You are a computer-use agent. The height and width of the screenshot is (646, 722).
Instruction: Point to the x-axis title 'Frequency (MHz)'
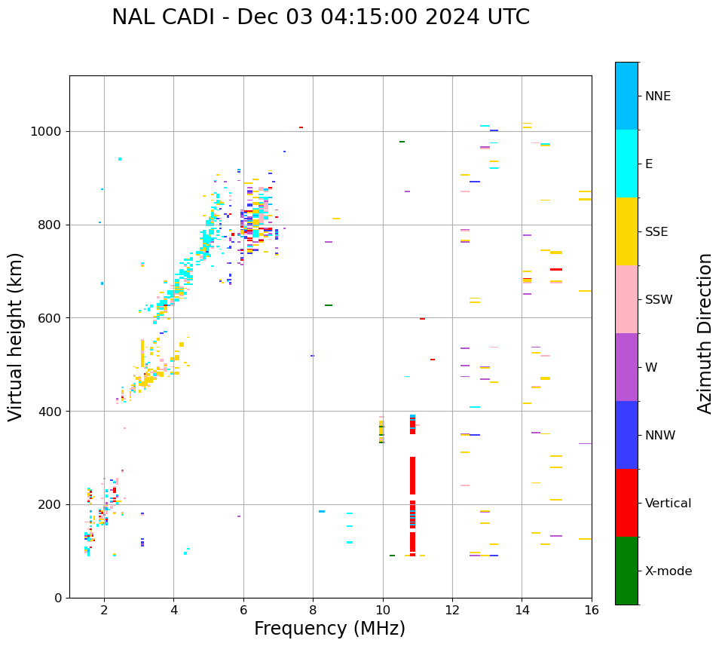tap(329, 629)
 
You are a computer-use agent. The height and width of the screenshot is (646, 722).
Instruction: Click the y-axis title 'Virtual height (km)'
tap(16, 336)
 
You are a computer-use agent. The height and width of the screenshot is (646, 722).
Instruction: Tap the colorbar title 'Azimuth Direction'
tap(705, 333)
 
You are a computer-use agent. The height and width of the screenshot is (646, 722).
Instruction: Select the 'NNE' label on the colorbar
tap(658, 96)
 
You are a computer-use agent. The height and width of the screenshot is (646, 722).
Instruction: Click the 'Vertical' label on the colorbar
tap(668, 504)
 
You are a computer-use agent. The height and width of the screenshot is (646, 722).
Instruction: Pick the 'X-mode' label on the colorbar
tap(668, 571)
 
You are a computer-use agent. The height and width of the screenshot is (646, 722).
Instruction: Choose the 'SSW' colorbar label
tap(659, 300)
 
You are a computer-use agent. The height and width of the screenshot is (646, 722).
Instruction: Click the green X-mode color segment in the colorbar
tap(626, 571)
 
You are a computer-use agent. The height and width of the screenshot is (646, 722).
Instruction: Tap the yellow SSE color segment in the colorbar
tap(626, 231)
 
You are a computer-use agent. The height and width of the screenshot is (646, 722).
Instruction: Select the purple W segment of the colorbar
tap(626, 367)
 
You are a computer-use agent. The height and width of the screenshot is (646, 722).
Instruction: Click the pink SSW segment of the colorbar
tap(626, 299)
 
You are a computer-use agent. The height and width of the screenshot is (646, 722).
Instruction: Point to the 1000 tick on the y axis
tap(49, 131)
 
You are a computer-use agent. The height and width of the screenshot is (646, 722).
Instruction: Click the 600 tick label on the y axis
tap(52, 318)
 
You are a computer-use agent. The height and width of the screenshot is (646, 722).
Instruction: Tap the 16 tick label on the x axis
tap(592, 610)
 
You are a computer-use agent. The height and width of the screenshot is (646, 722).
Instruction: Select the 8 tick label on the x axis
tap(313, 610)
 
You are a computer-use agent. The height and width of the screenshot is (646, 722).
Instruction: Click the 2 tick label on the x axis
tap(104, 610)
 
